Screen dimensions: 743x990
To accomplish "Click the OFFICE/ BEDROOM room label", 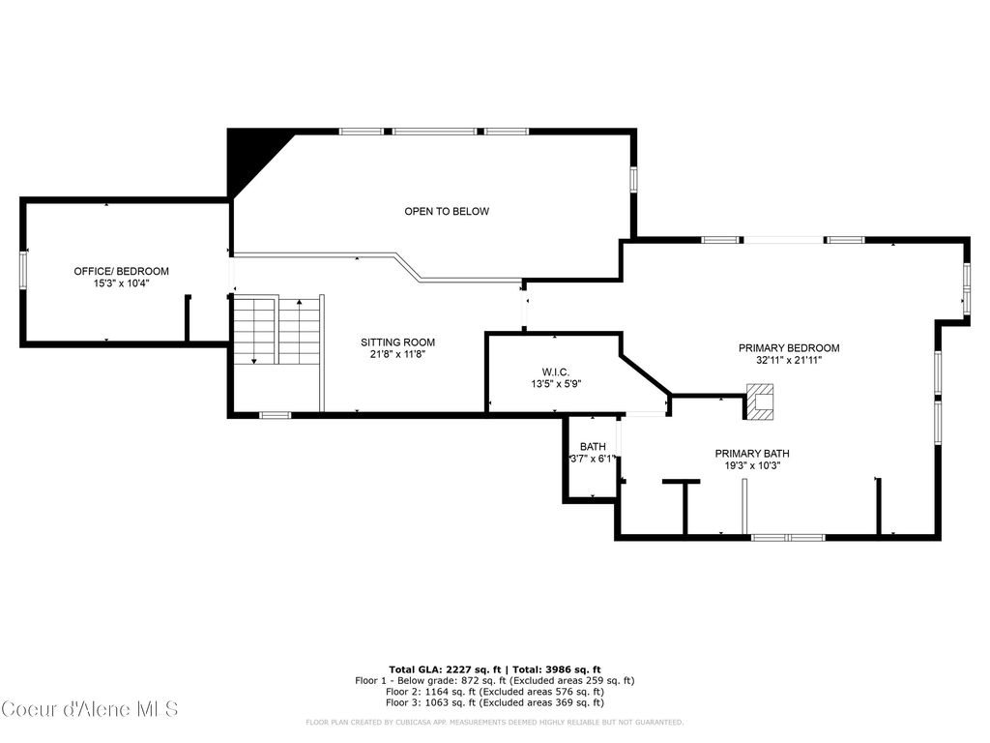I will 122,271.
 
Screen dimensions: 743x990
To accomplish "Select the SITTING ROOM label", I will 397,342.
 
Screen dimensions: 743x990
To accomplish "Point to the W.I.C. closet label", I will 555,371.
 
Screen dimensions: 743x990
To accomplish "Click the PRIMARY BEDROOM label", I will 789,348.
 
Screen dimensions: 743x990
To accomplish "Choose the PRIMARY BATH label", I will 752,453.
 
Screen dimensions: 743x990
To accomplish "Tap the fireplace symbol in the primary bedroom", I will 761,401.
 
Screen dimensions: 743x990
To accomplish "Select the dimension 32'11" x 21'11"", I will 789,361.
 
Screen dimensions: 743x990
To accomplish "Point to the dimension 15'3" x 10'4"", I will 122,283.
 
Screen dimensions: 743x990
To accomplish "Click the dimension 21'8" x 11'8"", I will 397,355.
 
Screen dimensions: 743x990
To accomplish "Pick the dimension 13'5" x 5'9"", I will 555,384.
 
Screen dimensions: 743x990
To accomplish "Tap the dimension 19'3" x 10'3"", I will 752,465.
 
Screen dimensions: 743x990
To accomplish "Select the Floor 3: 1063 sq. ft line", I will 495,703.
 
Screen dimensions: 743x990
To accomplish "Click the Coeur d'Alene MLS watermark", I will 90,709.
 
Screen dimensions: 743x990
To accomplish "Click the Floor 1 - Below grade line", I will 495,681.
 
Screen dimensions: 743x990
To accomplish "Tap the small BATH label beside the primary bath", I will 593,446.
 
